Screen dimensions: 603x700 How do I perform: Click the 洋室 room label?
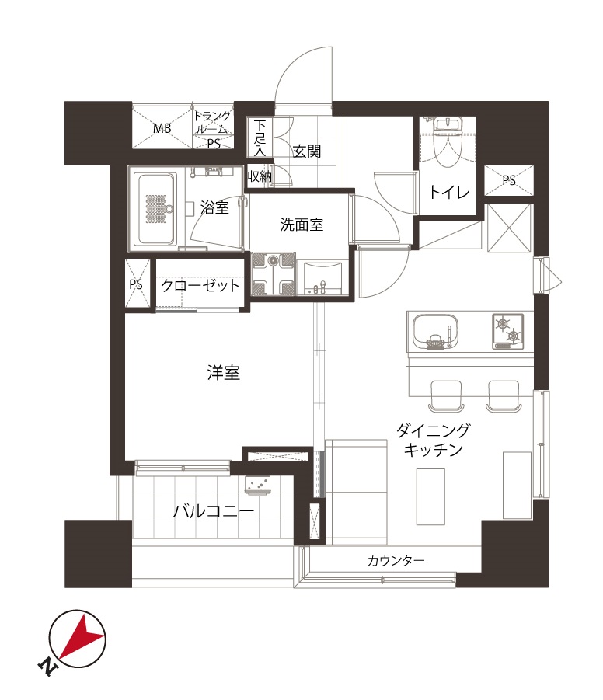click(x=223, y=372)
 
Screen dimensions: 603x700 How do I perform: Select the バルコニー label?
click(x=214, y=510)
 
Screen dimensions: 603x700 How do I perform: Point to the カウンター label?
click(x=396, y=560)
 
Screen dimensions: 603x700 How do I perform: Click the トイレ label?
click(x=449, y=192)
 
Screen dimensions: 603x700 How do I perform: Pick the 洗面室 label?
click(x=301, y=224)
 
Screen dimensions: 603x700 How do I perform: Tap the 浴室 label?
click(x=214, y=207)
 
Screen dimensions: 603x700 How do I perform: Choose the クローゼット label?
click(x=200, y=285)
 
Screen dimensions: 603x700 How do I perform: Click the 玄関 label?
click(x=307, y=151)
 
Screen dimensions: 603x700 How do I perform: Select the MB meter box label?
click(x=162, y=128)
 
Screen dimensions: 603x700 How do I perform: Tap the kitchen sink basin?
click(x=435, y=333)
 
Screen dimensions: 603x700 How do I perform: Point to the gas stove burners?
click(x=508, y=331)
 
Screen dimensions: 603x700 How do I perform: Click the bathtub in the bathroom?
click(x=155, y=208)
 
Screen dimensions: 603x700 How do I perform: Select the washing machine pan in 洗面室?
click(x=273, y=274)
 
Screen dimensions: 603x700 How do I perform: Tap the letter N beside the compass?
click(x=47, y=667)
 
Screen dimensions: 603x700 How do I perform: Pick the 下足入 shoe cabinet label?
click(x=260, y=138)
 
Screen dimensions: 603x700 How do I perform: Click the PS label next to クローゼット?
click(x=136, y=284)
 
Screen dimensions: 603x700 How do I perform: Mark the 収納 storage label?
click(x=259, y=176)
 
